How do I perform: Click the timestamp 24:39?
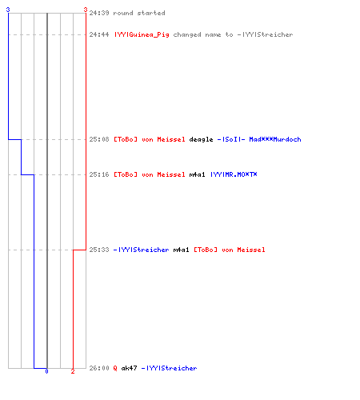[99, 13]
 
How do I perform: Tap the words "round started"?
[139, 13]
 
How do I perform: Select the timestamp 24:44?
[99, 34]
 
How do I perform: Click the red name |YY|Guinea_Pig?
[142, 34]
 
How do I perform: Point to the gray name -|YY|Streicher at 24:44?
[265, 34]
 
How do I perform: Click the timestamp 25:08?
[99, 139]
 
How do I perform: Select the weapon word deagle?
[201, 139]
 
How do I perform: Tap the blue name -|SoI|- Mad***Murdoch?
[259, 139]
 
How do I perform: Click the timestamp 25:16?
[99, 174]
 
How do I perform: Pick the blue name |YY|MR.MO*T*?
[234, 174]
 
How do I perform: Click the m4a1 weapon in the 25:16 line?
[197, 174]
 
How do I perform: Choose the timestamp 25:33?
[99, 250]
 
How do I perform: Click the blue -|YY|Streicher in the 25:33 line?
[141, 250]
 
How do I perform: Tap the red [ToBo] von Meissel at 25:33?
[229, 250]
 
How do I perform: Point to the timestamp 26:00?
[99, 368]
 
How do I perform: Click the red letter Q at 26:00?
[115, 368]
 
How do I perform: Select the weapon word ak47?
[129, 368]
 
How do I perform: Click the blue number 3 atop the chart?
[8, 10]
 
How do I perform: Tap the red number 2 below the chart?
[73, 371]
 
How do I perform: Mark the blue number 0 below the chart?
[46, 371]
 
